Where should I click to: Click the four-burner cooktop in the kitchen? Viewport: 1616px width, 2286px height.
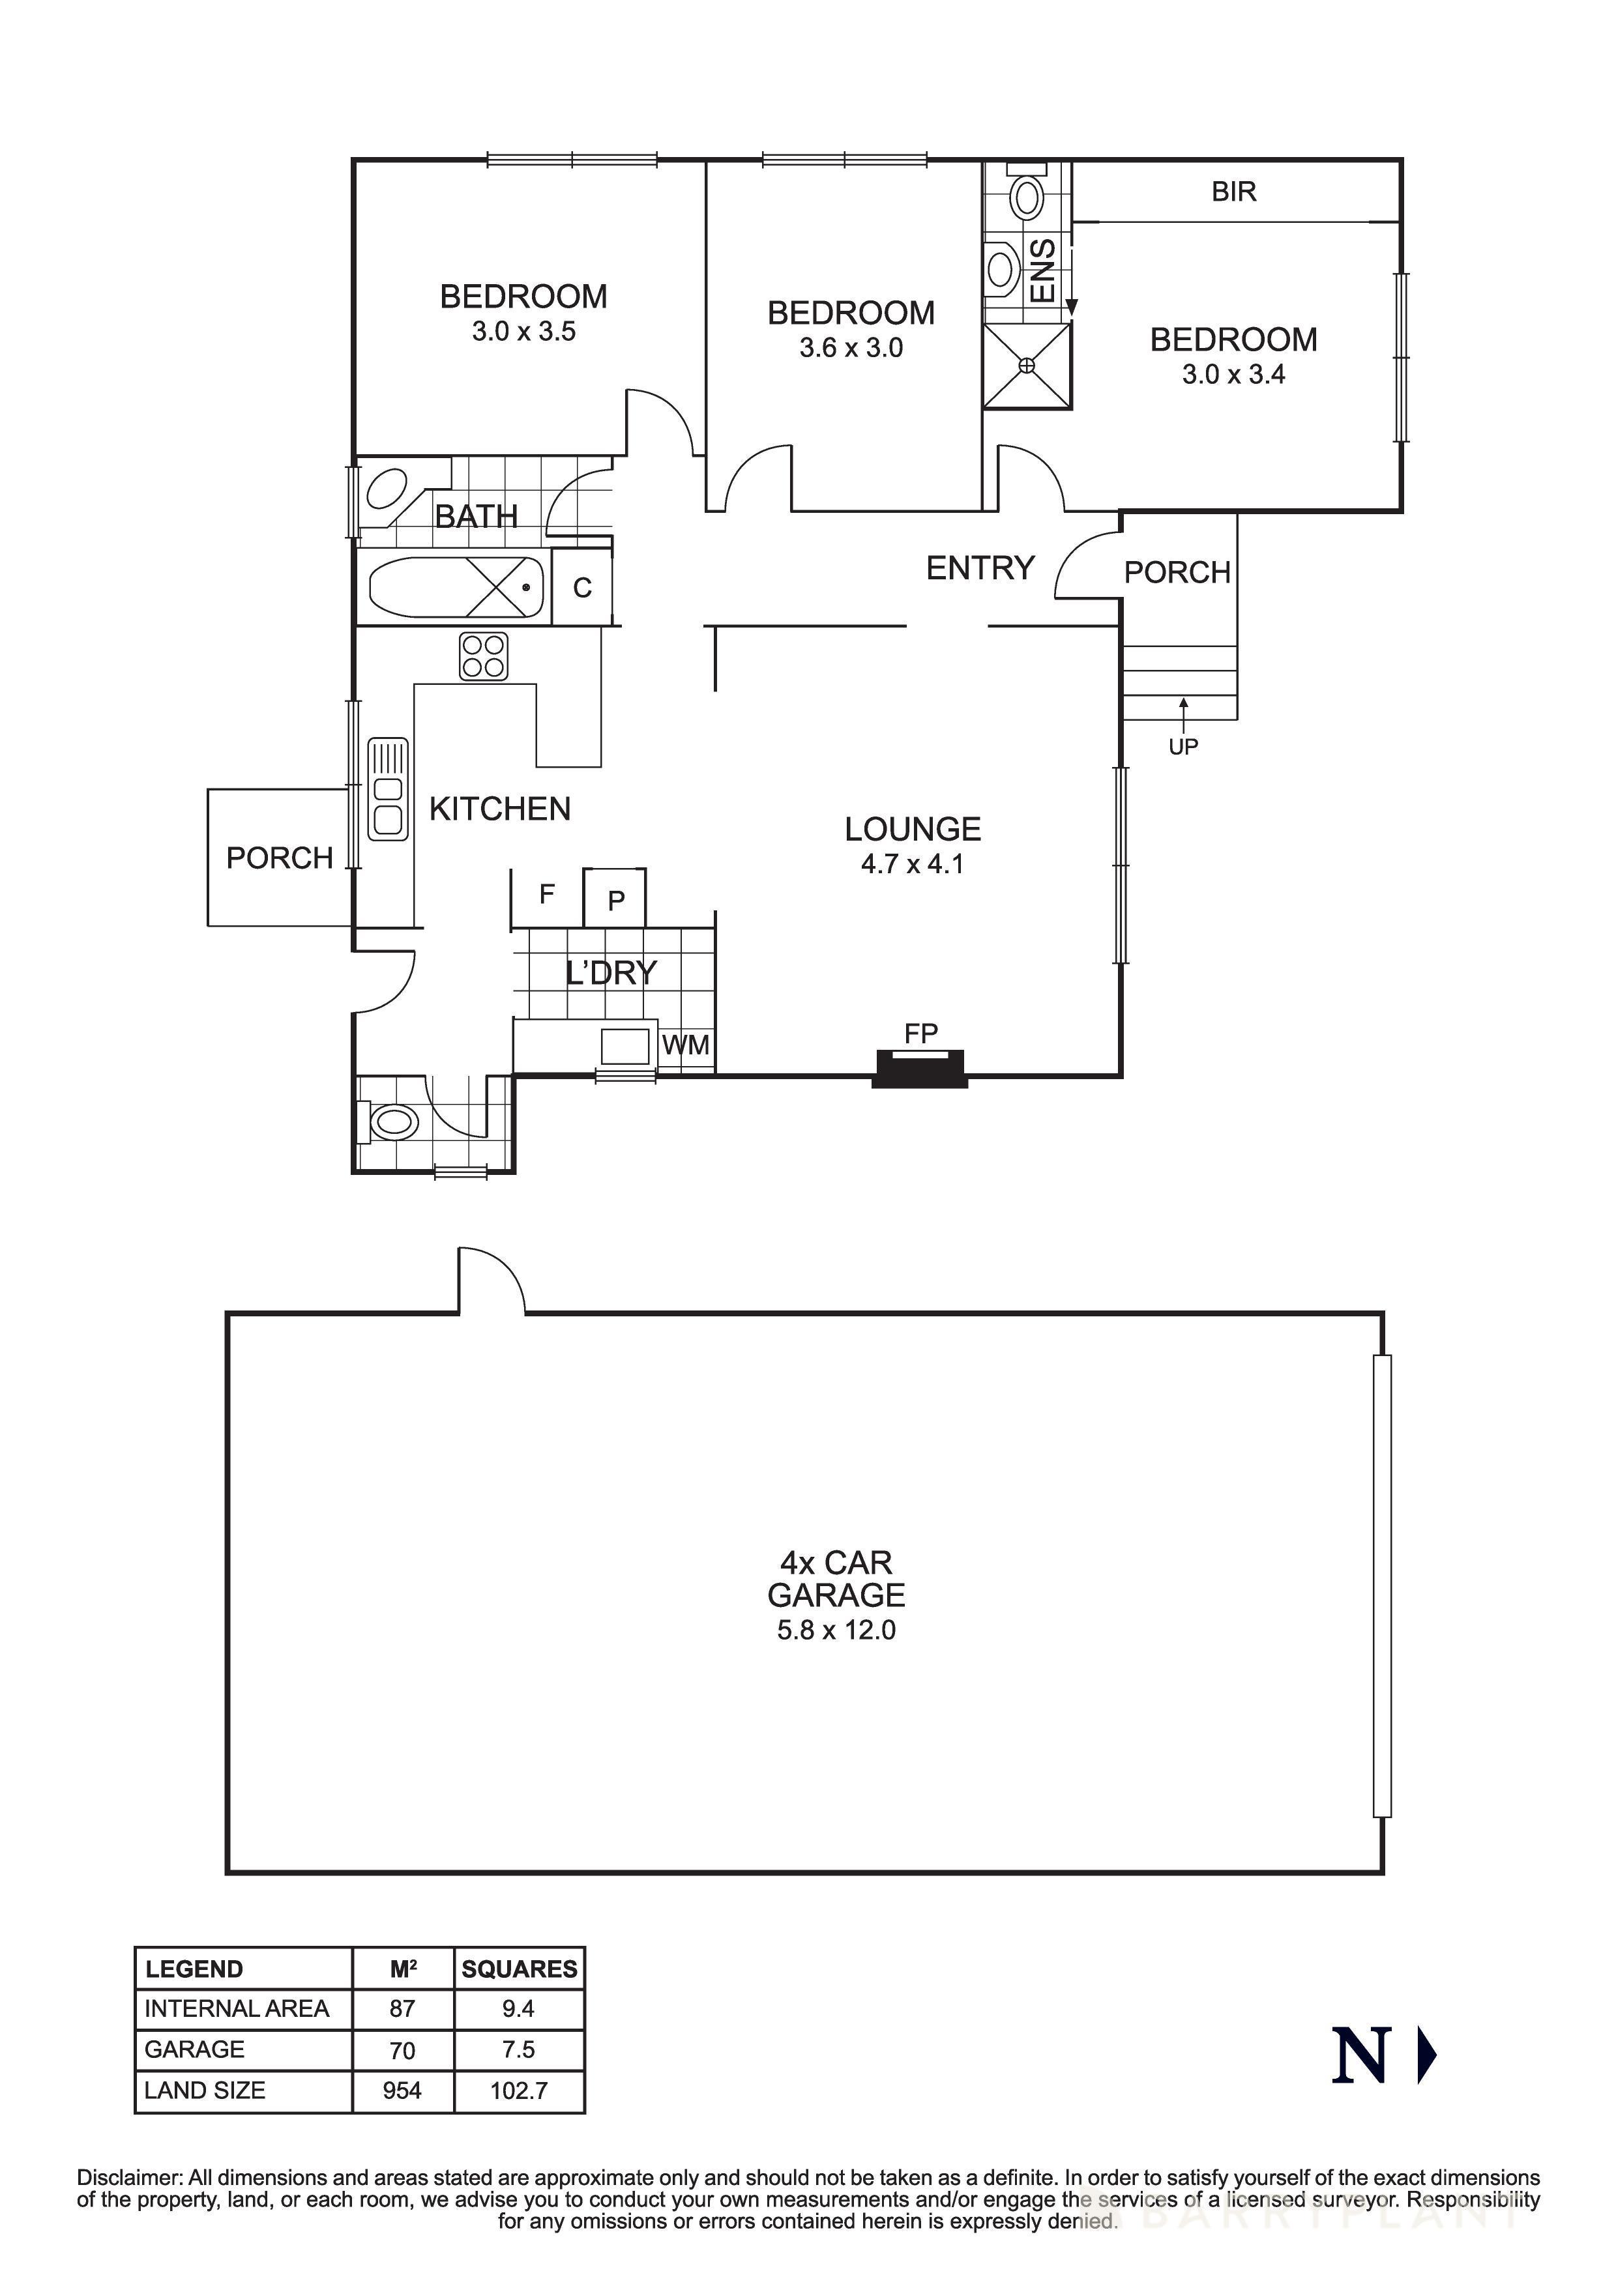484,656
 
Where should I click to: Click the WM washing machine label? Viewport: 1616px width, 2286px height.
686,1045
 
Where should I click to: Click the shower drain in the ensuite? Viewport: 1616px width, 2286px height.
1027,366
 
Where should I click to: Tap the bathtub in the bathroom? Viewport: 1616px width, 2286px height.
456,587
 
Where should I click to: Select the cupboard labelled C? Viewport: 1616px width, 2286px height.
583,588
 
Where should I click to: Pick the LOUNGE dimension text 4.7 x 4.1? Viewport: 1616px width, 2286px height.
912,864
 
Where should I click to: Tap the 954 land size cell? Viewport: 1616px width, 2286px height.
402,2091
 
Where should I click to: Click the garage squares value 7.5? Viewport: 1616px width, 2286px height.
519,2050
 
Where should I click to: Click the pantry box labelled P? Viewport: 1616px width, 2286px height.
615,900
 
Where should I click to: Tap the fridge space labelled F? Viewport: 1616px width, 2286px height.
547,894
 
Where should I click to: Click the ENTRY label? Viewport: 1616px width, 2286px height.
980,568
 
